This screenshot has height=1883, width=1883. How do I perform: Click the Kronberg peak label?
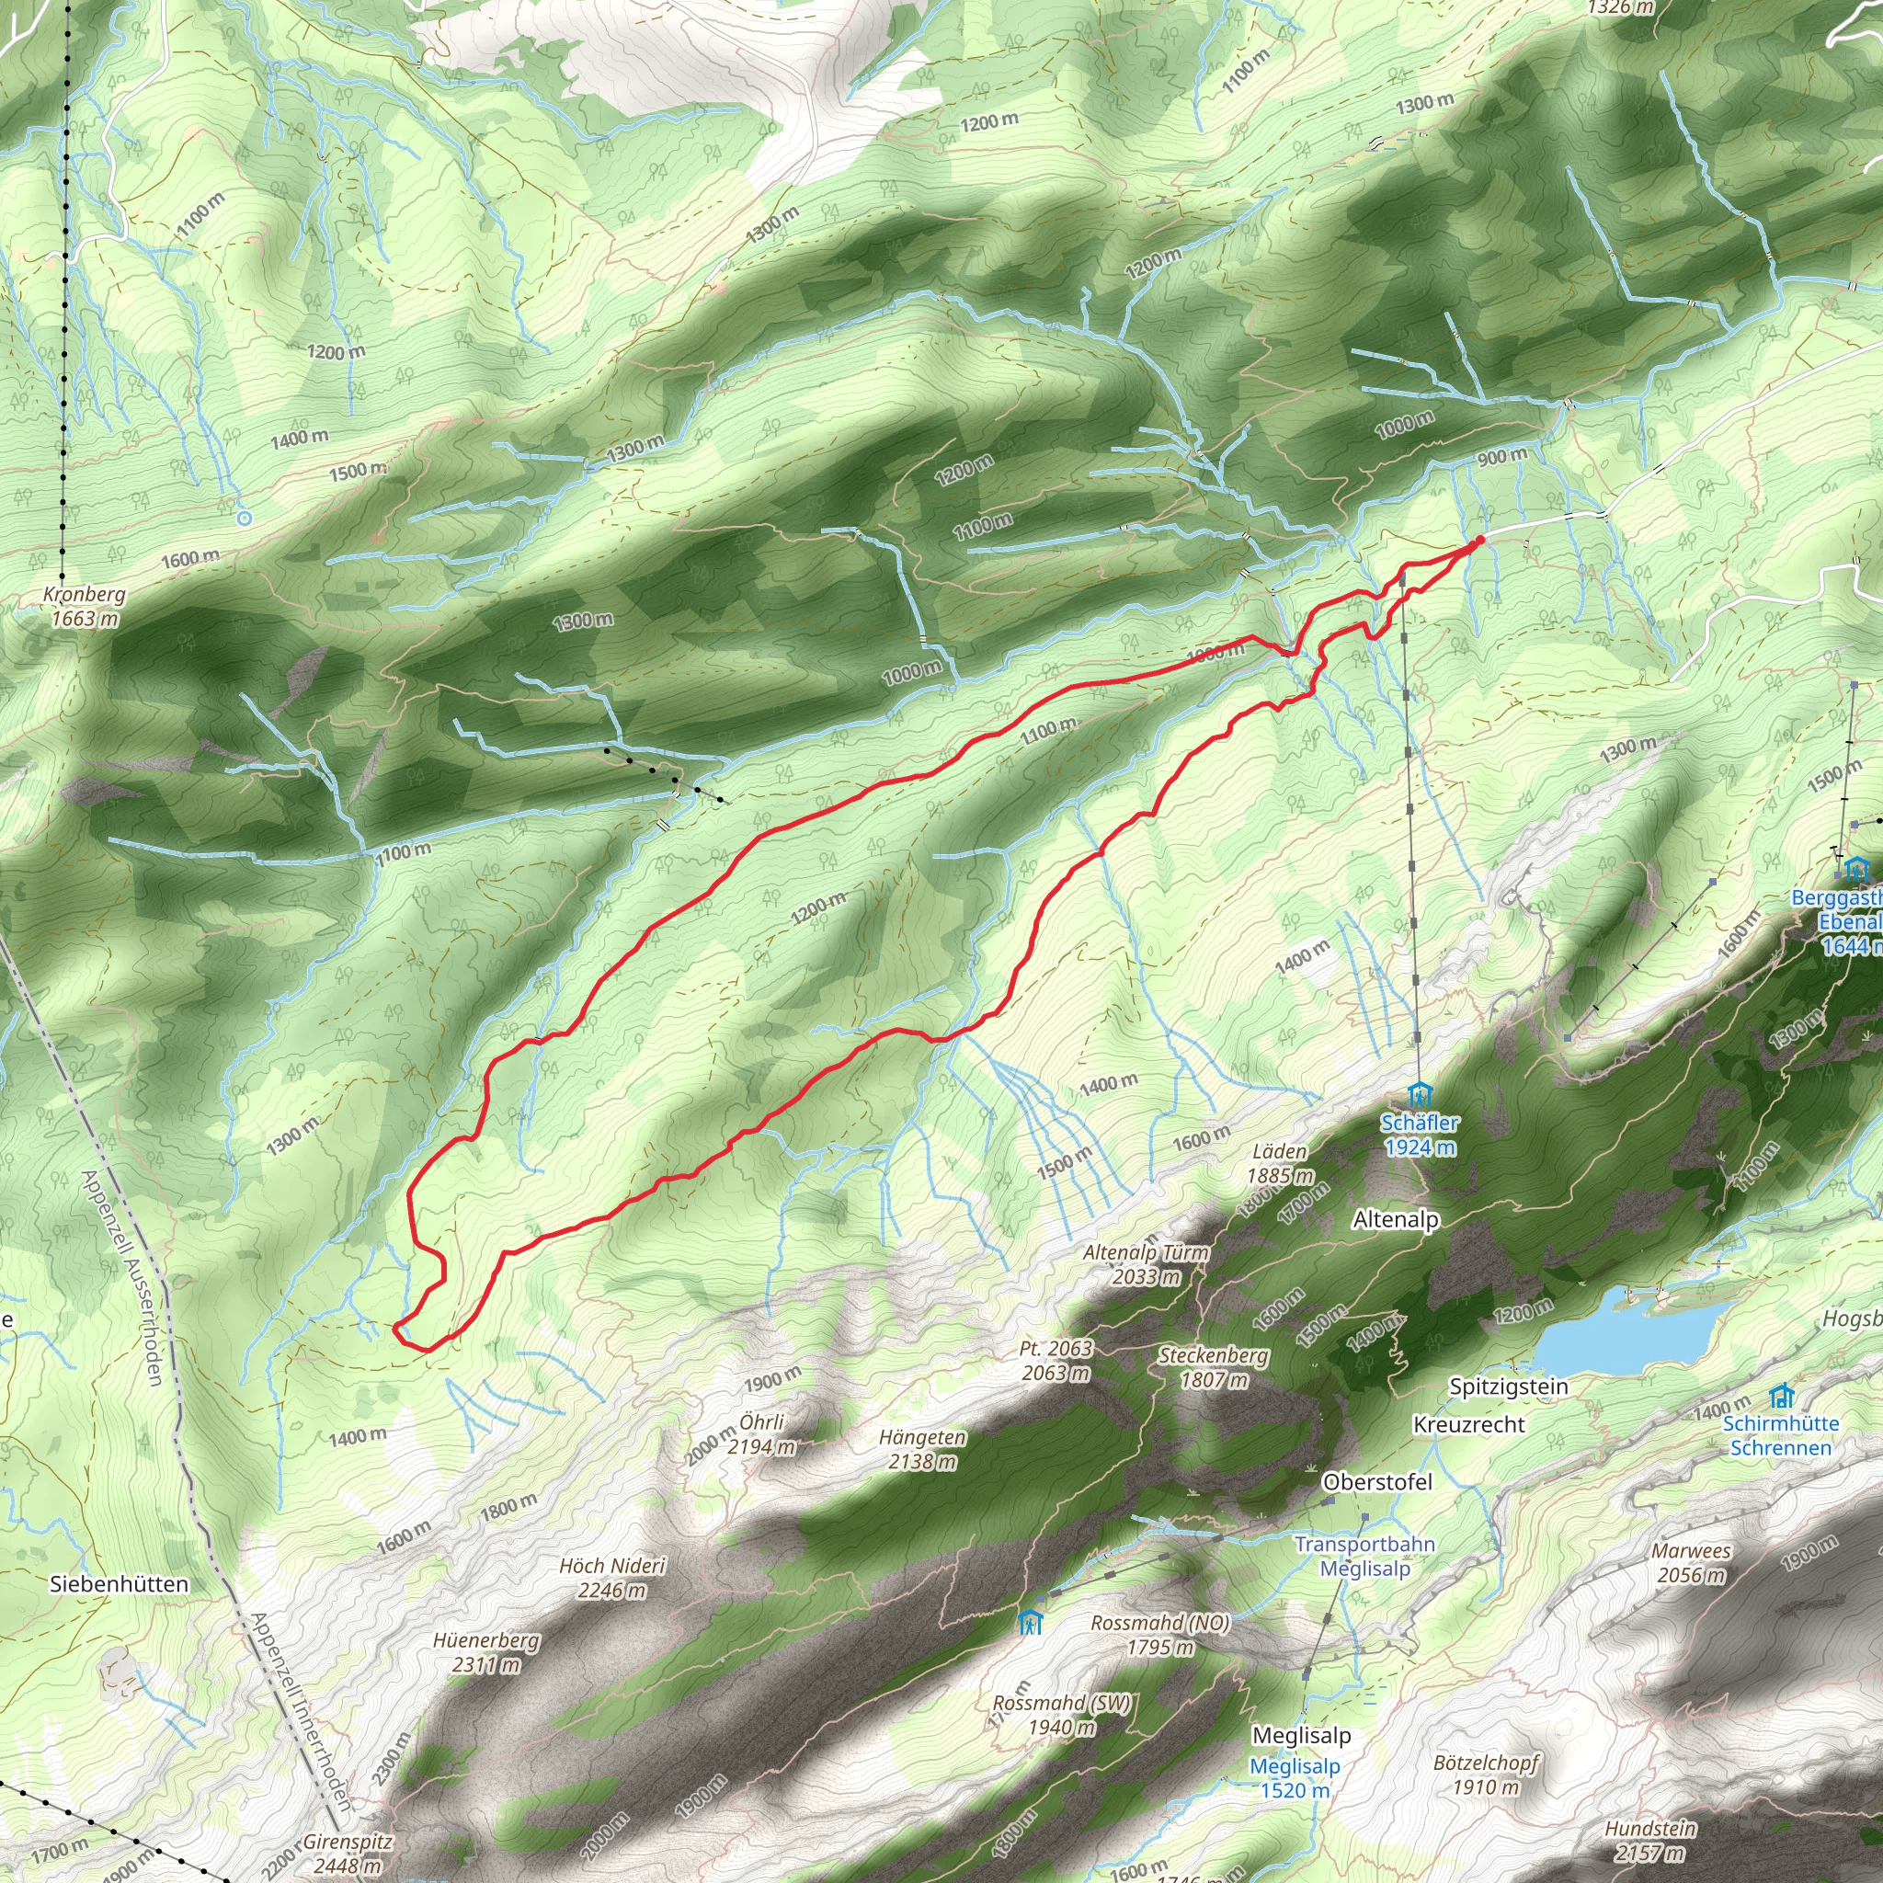[x=85, y=606]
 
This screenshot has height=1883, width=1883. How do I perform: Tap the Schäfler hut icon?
[x=1420, y=1093]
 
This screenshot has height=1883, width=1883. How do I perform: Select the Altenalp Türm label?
[x=1147, y=1264]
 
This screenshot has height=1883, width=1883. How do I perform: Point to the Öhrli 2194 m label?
[x=761, y=1433]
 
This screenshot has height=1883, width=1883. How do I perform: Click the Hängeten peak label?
[x=922, y=1449]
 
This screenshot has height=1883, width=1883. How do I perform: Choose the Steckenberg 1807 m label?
[x=1214, y=1367]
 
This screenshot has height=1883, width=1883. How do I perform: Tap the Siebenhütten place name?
[x=119, y=1585]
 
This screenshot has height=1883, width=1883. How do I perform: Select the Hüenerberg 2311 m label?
[x=485, y=1652]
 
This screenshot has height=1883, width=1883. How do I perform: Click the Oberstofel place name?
[x=1377, y=1481]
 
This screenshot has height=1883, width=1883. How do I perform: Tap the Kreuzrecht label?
[x=1468, y=1425]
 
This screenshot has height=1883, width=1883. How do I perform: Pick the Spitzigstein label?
[x=1509, y=1386]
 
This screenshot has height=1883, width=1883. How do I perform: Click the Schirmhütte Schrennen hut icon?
[x=1782, y=1396]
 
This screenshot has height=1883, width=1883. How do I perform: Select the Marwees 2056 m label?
[x=1691, y=1563]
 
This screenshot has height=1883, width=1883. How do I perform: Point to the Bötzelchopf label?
[x=1486, y=1775]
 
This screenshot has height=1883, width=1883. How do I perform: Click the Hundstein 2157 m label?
[x=1650, y=1840]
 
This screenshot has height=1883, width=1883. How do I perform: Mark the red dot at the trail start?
[x=1479, y=540]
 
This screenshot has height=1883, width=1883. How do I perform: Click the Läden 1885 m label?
[x=1280, y=1164]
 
